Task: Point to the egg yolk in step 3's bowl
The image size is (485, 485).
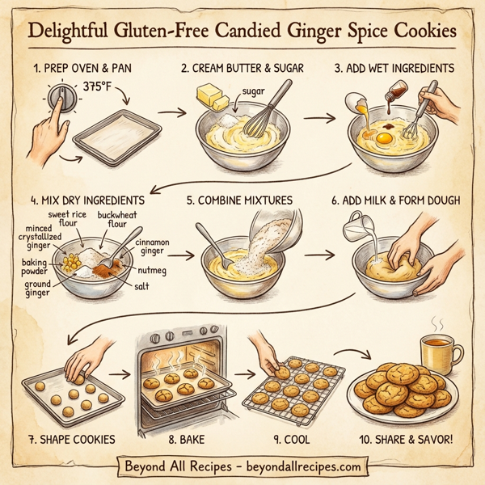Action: [x=386, y=139]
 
